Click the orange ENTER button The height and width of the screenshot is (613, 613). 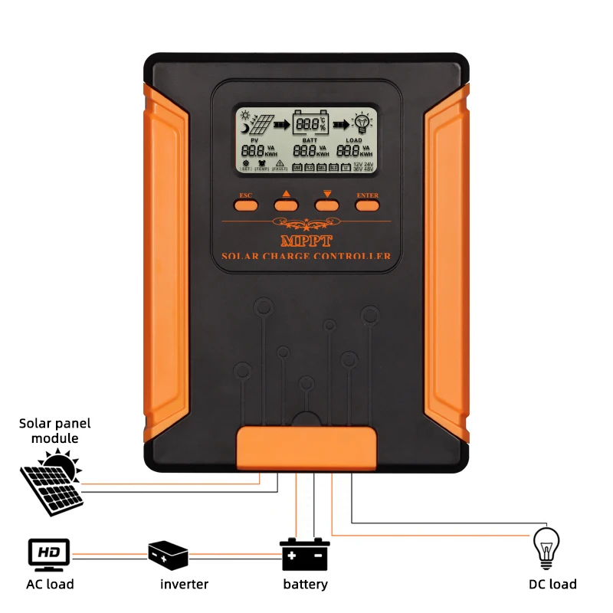coord(368,204)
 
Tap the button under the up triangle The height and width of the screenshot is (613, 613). coord(286,205)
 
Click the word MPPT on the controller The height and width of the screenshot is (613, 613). coord(306,241)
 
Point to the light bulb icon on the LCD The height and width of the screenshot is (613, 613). coord(362,123)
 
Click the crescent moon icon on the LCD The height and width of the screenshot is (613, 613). coord(244,129)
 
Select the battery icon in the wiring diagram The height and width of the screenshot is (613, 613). coord(305,553)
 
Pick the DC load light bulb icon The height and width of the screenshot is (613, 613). coord(546,547)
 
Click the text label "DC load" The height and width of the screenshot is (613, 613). coord(552,585)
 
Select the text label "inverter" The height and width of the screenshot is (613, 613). coord(184,585)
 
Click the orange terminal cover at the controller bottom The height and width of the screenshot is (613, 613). coord(306,447)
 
